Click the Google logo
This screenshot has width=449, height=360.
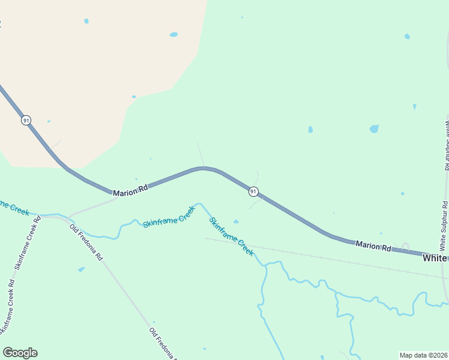tap(20, 353)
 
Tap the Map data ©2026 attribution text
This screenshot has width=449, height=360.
tap(424, 355)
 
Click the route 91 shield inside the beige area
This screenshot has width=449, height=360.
tap(26, 120)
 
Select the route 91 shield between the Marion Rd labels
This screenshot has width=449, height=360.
tap(254, 191)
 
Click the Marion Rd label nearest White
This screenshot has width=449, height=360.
tap(373, 245)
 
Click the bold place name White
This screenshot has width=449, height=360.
tap(435, 258)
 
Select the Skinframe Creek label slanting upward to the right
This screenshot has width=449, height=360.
tap(169, 217)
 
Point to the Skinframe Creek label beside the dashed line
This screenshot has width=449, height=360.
tap(231, 236)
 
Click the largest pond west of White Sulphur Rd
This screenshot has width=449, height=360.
tap(374, 128)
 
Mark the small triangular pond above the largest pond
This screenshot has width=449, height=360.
tap(414, 107)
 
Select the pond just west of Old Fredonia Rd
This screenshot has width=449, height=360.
tap(81, 269)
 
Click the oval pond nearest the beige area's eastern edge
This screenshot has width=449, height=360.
tap(173, 34)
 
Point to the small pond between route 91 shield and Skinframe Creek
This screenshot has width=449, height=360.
tap(236, 221)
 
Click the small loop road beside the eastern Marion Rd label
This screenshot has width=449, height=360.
tap(405, 246)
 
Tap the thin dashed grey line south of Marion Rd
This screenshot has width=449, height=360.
tap(324, 258)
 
